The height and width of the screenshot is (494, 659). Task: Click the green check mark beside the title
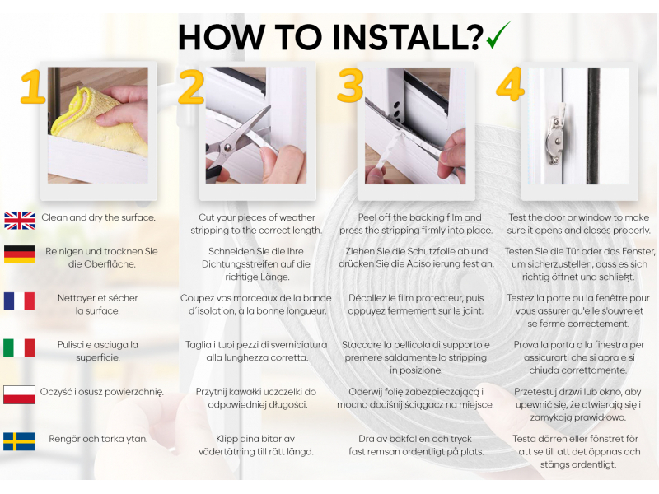click(x=498, y=36)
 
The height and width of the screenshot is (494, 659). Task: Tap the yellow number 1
click(x=32, y=87)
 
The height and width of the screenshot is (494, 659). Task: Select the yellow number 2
click(x=191, y=86)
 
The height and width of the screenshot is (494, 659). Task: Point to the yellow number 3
click(x=349, y=86)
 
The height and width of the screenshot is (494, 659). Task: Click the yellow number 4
click(x=510, y=84)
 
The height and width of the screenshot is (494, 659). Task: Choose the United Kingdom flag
click(x=19, y=221)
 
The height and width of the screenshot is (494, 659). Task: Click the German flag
click(x=19, y=254)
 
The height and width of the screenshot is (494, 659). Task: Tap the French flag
click(x=19, y=301)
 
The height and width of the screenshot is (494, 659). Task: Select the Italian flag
click(x=19, y=347)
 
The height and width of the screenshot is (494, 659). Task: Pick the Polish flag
click(x=19, y=395)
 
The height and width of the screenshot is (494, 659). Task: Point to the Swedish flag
click(x=19, y=441)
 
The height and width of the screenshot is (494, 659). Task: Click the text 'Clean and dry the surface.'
click(x=98, y=217)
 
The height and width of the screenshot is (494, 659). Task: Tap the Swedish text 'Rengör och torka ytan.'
click(x=98, y=439)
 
